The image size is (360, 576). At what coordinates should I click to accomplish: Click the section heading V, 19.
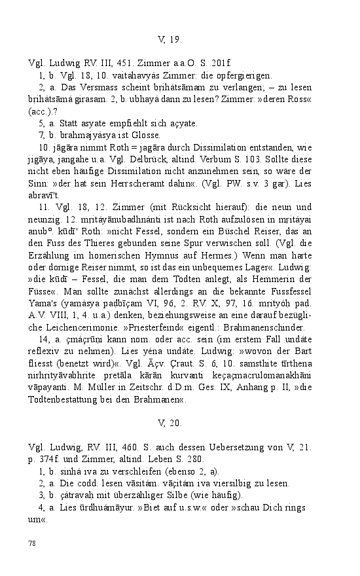click(170, 40)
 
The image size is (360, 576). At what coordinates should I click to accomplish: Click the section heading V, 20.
click(170, 423)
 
